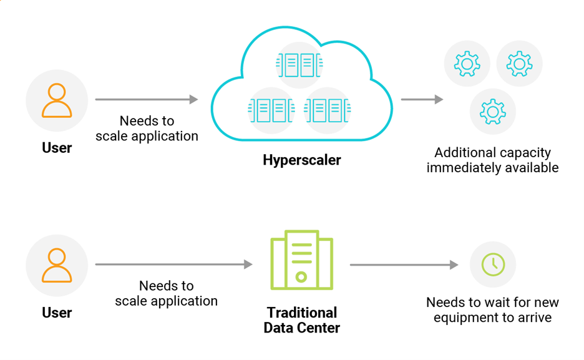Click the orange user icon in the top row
tap(57, 100)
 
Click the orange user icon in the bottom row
tap(57, 265)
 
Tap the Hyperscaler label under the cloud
tap(301, 160)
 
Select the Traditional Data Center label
tap(301, 320)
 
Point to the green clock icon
tap(493, 265)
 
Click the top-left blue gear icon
tap(467, 64)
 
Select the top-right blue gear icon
tap(519, 64)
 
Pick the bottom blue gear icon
tap(493, 112)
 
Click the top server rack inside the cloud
tap(301, 65)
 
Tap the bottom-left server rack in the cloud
tap(272, 110)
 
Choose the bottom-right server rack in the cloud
tap(328, 110)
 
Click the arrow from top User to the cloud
tap(146, 99)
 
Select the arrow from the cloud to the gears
tap(422, 99)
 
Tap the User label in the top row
tap(57, 148)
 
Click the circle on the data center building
tap(301, 276)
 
